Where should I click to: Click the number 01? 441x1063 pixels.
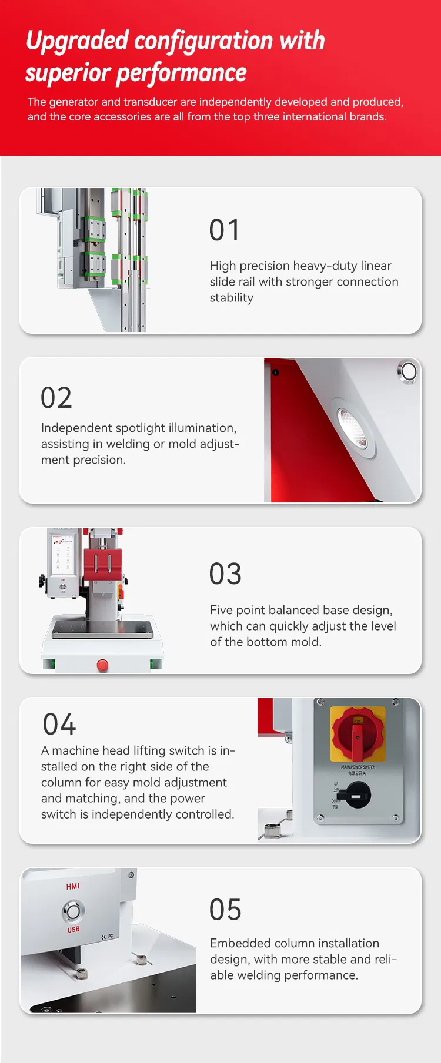225,230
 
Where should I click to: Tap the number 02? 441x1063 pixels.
56,398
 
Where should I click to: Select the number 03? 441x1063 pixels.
225,574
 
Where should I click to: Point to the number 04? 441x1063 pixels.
59,725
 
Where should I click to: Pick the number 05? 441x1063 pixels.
225,910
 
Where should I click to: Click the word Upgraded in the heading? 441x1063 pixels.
77,41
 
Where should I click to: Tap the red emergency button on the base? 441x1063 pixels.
102,665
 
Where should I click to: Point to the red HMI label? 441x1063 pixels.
73,886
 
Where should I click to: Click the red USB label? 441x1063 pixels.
73,930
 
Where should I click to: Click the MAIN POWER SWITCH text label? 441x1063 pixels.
358,767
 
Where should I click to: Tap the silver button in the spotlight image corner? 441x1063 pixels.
407,371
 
